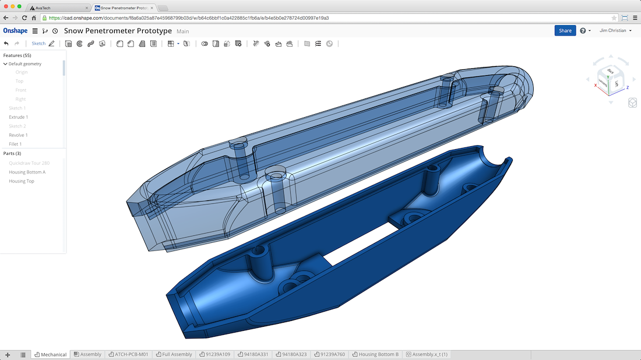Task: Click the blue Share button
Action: pyautogui.click(x=565, y=31)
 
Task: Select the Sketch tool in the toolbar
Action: pyautogui.click(x=38, y=44)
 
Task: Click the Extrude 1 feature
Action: pyautogui.click(x=19, y=117)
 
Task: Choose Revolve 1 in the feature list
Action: pyautogui.click(x=19, y=135)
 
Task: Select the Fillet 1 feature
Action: pyautogui.click(x=15, y=144)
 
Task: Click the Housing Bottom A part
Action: pyautogui.click(x=27, y=172)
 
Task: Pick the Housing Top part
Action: pyautogui.click(x=22, y=181)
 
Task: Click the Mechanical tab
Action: pyautogui.click(x=51, y=354)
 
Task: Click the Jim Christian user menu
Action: pyautogui.click(x=615, y=31)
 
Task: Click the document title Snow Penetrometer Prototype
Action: pyautogui.click(x=118, y=31)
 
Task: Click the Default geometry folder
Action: pyautogui.click(x=25, y=63)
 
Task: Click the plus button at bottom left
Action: pyautogui.click(x=8, y=354)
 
